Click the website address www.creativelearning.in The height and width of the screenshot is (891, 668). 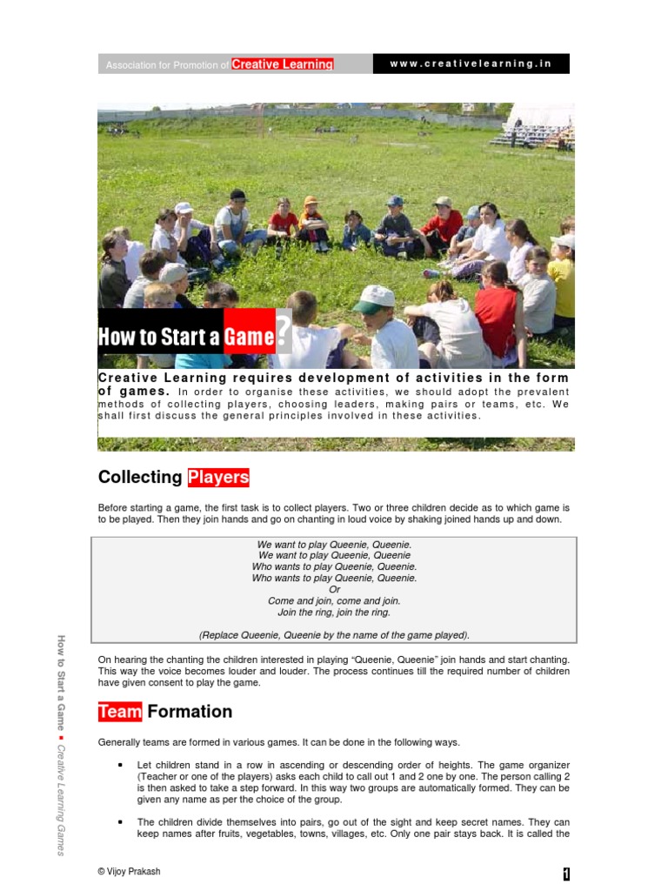(471, 64)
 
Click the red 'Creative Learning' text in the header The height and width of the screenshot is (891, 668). (282, 64)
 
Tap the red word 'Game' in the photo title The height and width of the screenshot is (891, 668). (249, 337)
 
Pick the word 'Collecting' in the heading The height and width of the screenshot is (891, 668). (140, 477)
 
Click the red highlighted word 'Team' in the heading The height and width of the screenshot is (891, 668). (120, 712)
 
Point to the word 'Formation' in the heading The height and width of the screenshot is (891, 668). (190, 712)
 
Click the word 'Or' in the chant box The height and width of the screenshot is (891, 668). (334, 589)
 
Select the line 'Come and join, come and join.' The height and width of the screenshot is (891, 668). (334, 600)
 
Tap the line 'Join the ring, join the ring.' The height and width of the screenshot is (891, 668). (334, 612)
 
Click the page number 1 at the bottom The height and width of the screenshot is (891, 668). (565, 874)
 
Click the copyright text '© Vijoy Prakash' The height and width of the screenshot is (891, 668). (130, 871)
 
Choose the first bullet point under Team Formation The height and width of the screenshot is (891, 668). (118, 765)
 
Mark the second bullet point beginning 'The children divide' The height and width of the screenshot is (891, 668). (118, 821)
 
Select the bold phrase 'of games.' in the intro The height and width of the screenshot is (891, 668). (133, 391)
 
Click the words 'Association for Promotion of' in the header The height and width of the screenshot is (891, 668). (167, 65)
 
